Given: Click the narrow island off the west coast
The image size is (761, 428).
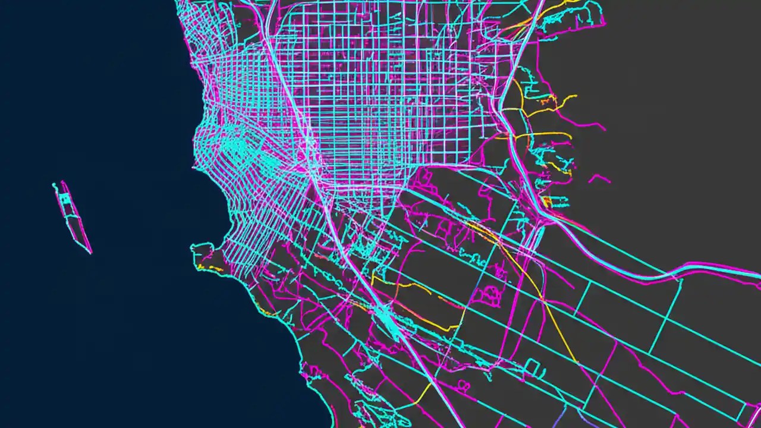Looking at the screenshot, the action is pos(73,218).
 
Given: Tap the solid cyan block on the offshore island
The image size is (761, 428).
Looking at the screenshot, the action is pos(67,200).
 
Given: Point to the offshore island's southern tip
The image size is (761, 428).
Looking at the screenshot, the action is pos(91,253).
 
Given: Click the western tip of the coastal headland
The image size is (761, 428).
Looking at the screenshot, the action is pos(192,247).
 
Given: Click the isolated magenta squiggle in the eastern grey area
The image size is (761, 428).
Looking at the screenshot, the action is pos(599,178).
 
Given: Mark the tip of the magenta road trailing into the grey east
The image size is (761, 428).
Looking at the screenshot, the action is pos(604,128).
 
